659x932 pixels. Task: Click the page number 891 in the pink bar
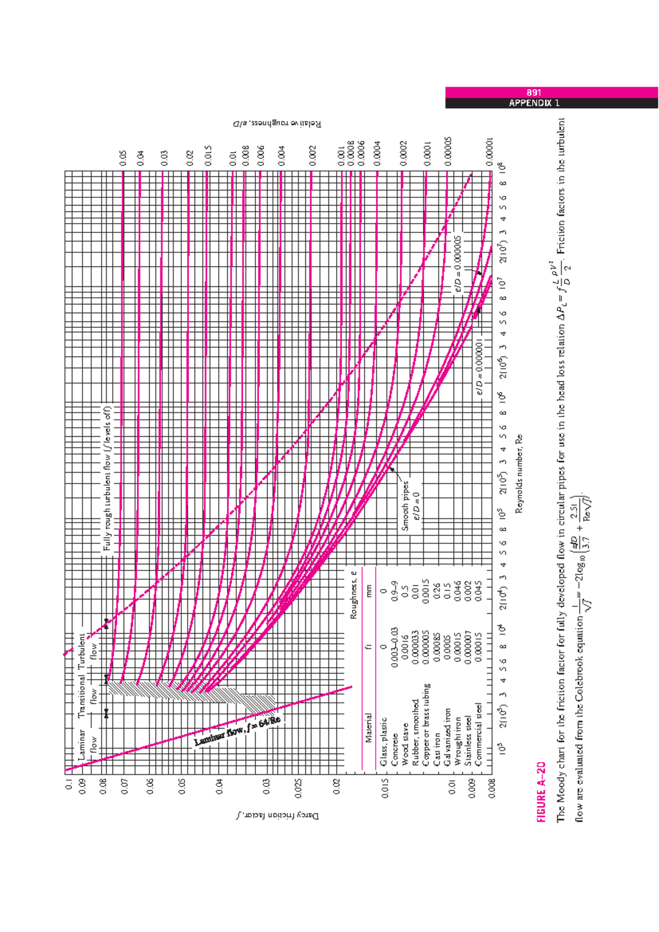point(533,93)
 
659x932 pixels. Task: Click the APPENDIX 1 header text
point(533,103)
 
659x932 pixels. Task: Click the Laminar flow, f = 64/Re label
point(237,731)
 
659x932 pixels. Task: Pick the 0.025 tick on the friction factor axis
point(298,788)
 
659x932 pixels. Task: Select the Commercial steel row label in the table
point(478,734)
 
